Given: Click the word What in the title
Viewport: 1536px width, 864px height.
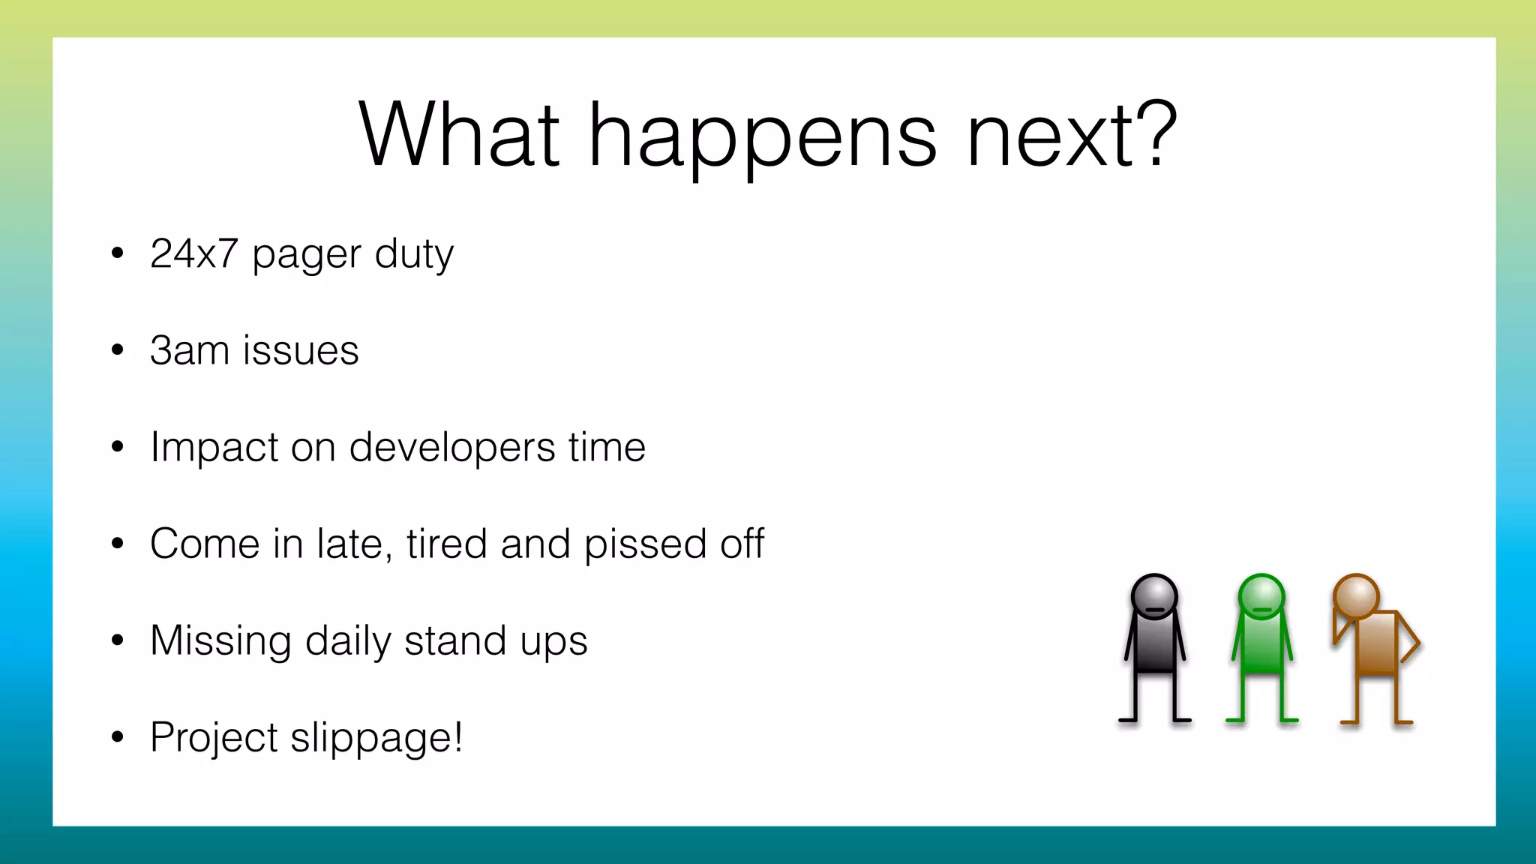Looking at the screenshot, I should tap(459, 135).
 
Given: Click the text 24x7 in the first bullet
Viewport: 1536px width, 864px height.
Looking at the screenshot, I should tap(193, 253).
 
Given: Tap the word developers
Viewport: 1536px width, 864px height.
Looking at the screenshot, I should tap(451, 448).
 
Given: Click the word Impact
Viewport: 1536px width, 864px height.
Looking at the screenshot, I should tap(213, 448).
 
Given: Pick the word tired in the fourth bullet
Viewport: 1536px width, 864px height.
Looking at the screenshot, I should tap(447, 544).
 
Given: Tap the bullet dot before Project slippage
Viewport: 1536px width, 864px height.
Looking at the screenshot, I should tap(117, 737).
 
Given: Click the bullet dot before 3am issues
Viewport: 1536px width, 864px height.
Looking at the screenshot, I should tap(117, 349).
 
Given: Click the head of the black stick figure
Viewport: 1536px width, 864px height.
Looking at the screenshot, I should tap(1154, 597).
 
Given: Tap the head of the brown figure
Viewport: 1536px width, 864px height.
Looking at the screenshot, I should tap(1356, 597).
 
